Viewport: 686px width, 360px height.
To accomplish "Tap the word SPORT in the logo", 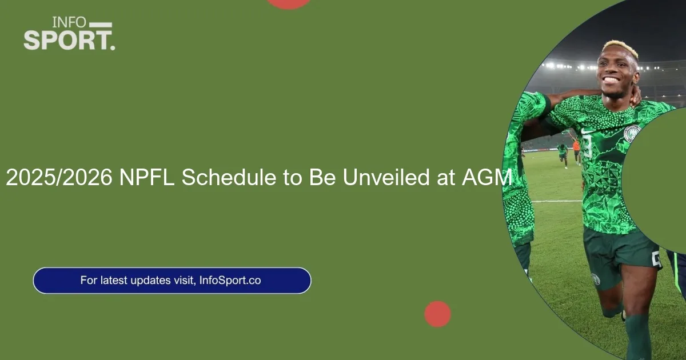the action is pyautogui.click(x=67, y=40).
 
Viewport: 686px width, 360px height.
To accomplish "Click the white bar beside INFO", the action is pyautogui.click(x=101, y=25).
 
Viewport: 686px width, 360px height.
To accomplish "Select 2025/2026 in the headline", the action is pyautogui.click(x=59, y=177).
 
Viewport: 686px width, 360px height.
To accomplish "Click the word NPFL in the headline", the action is pyautogui.click(x=147, y=177).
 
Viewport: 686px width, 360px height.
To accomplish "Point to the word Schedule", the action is pyautogui.click(x=229, y=177).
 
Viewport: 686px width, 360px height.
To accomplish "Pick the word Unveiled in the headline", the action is pyautogui.click(x=386, y=177).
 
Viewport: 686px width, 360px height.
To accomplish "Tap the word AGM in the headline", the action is pyautogui.click(x=486, y=177).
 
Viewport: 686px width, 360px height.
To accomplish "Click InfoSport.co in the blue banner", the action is pyautogui.click(x=230, y=281).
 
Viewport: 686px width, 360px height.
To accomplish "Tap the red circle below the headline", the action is pyautogui.click(x=437, y=314).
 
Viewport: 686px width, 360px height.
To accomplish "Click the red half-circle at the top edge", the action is pyautogui.click(x=289, y=3).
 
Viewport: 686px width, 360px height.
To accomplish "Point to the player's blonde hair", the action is pyautogui.click(x=620, y=49).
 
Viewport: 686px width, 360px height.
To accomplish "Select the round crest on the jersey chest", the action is pyautogui.click(x=632, y=133).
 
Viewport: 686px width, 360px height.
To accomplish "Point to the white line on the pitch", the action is pyautogui.click(x=556, y=201).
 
